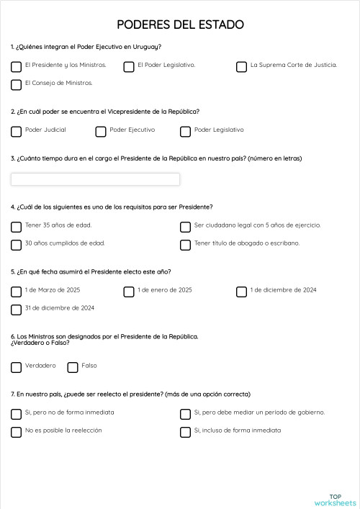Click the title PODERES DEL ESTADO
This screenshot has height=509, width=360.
pyautogui.click(x=180, y=25)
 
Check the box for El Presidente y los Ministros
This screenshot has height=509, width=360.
pyautogui.click(x=17, y=67)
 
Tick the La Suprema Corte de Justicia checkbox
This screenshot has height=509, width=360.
pyautogui.click(x=242, y=67)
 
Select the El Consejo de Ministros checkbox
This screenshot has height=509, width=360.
pyautogui.click(x=17, y=85)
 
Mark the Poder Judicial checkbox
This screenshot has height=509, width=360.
pyautogui.click(x=17, y=132)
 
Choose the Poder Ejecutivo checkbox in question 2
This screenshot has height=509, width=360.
pyautogui.click(x=101, y=132)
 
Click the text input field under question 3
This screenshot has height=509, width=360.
pyautogui.click(x=95, y=179)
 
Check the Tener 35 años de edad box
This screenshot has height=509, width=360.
pyautogui.click(x=17, y=227)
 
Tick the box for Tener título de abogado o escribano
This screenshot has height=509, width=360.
pyautogui.click(x=186, y=245)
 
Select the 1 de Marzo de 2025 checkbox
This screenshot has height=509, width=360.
pyautogui.click(x=17, y=292)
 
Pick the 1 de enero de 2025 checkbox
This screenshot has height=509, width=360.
pyautogui.click(x=129, y=292)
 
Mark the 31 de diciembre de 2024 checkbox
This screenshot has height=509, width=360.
pyautogui.click(x=17, y=310)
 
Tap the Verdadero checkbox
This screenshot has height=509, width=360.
pyautogui.click(x=17, y=367)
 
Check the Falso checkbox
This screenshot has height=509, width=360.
pyautogui.click(x=73, y=367)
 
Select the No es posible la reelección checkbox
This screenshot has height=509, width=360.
pyautogui.click(x=17, y=432)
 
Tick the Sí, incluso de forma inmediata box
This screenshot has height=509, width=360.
pyautogui.click(x=186, y=432)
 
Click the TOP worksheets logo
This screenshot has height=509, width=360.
pyautogui.click(x=336, y=500)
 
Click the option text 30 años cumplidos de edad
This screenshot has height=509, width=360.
pyautogui.click(x=65, y=243)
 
